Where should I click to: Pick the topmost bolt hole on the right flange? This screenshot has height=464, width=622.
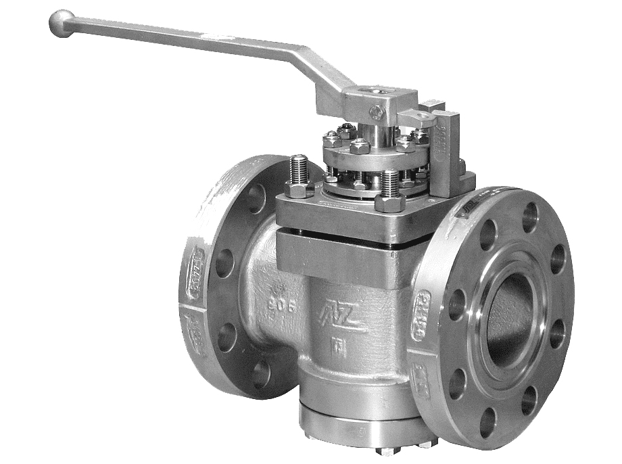pos(529,217)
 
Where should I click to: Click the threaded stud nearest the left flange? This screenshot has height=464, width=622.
pos(298,169)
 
